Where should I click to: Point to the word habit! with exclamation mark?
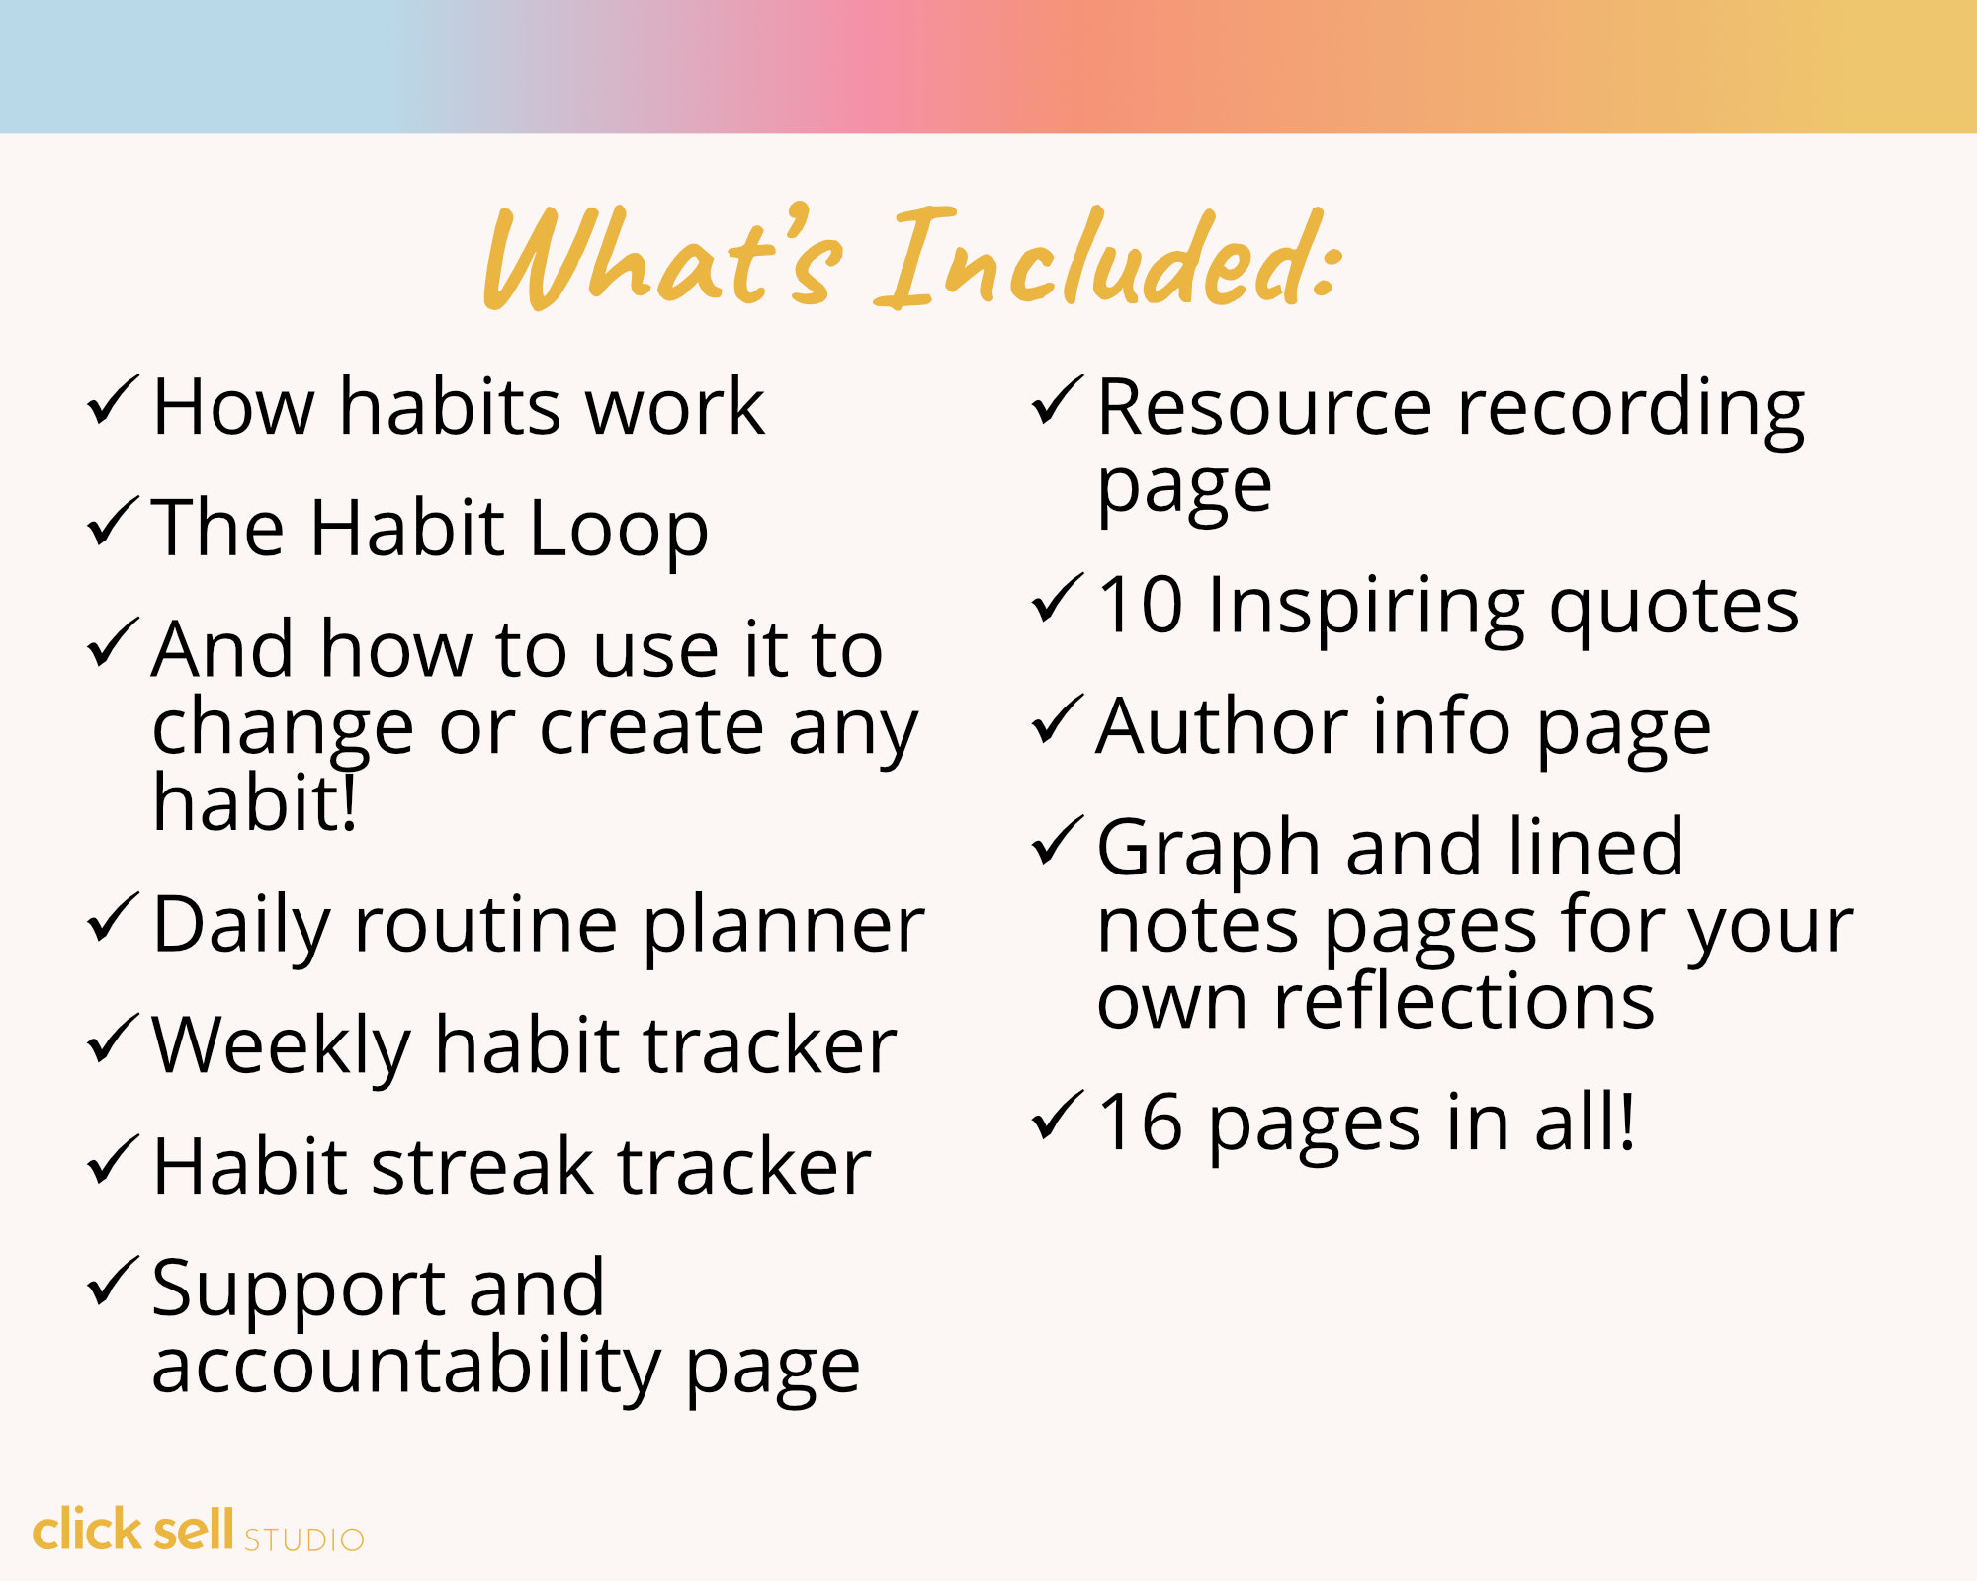click(254, 802)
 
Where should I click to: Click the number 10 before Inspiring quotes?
click(1140, 605)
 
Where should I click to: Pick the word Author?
click(1222, 727)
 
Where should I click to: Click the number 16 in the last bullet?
click(1140, 1123)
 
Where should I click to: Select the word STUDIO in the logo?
click(304, 1539)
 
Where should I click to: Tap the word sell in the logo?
click(193, 1530)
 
